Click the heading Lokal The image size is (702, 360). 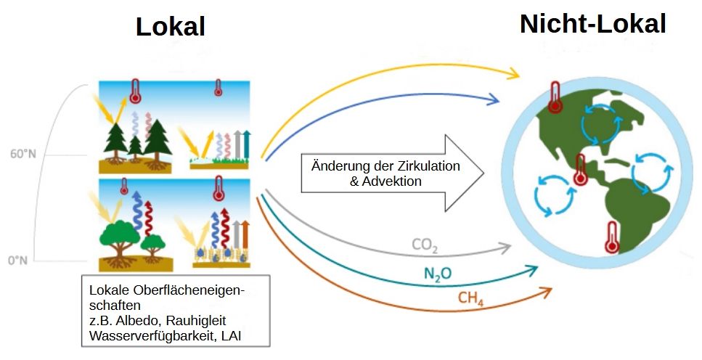click(170, 28)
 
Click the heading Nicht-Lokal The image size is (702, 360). click(592, 24)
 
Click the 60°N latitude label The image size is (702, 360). click(20, 154)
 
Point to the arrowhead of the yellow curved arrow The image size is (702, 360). click(515, 73)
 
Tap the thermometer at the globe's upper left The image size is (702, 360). click(555, 98)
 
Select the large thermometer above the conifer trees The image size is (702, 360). click(135, 91)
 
